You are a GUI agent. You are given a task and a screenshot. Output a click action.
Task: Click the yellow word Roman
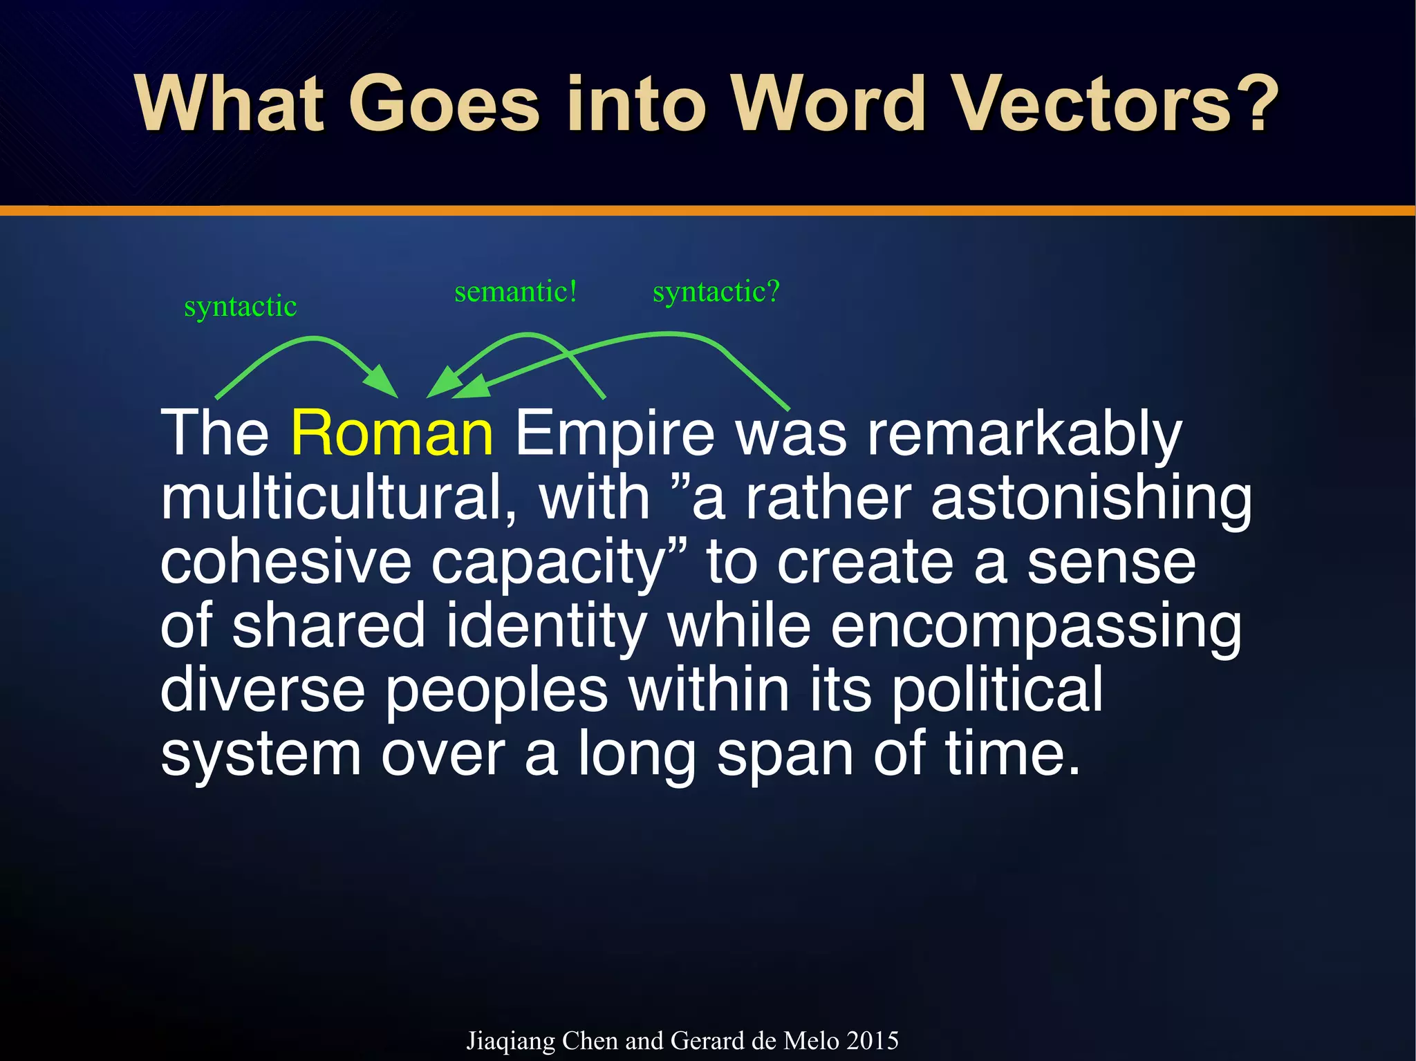[x=392, y=433]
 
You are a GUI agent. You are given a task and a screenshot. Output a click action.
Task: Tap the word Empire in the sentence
[x=614, y=433]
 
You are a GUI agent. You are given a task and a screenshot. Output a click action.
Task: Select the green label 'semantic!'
[x=515, y=291]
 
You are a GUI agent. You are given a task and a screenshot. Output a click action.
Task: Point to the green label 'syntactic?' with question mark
[x=716, y=291]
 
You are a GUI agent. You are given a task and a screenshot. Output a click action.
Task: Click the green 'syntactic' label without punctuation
[x=240, y=306]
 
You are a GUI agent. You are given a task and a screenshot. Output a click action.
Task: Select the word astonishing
[x=1090, y=499]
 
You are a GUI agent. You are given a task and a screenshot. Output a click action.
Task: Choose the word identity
[x=546, y=626]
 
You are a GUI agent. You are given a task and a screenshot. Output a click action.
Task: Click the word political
[x=996, y=689]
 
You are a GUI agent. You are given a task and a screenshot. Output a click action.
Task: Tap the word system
[x=261, y=753]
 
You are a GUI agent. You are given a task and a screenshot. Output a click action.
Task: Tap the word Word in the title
[x=828, y=104]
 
